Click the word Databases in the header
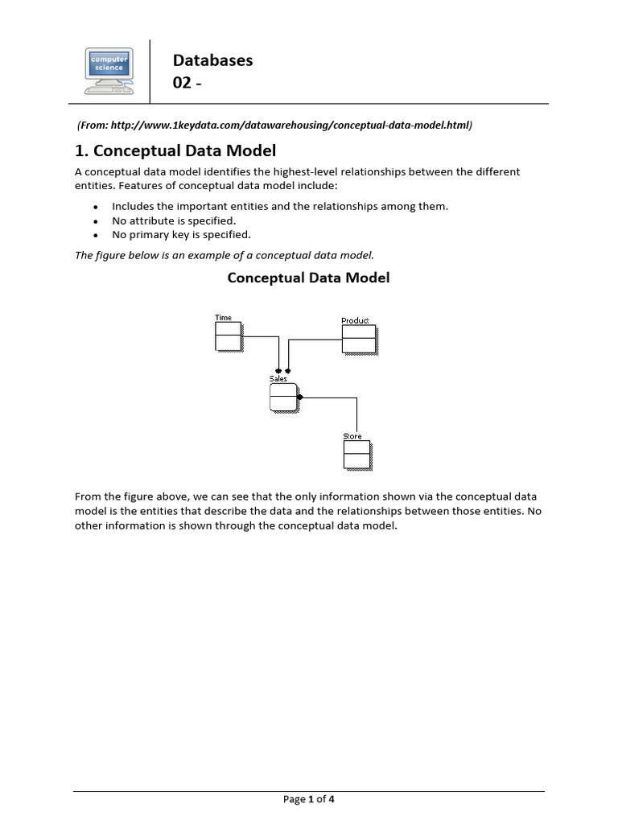[x=213, y=60]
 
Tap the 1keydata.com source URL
[x=274, y=126]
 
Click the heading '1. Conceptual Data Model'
[x=175, y=150]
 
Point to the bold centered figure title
[x=308, y=278]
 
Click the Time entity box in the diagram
[x=228, y=336]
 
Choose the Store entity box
[x=356, y=455]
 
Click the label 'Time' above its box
[x=223, y=318]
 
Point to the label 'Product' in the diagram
[x=355, y=320]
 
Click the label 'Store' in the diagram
[x=352, y=436]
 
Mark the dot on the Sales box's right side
[x=299, y=397]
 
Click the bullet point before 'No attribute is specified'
[x=95, y=220]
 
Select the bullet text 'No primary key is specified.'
[x=181, y=235]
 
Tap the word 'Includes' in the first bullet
[x=132, y=206]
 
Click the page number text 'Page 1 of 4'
[x=308, y=799]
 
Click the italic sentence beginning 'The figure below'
[x=225, y=255]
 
